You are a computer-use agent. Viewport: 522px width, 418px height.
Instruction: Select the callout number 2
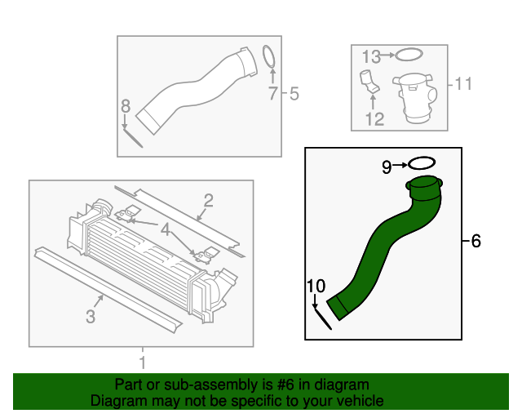pyautogui.click(x=209, y=200)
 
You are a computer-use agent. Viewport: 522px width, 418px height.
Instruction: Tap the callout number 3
pyautogui.click(x=91, y=314)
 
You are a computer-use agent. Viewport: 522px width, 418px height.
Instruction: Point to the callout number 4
pyautogui.click(x=166, y=232)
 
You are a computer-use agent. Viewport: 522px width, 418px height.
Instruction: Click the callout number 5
pyautogui.click(x=294, y=95)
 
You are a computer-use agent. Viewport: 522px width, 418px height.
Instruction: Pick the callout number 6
pyautogui.click(x=476, y=241)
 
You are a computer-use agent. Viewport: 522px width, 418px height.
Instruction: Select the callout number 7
pyautogui.click(x=273, y=95)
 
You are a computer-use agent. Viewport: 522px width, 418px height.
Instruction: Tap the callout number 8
pyautogui.click(x=125, y=105)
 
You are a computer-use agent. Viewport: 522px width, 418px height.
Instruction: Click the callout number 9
pyautogui.click(x=387, y=167)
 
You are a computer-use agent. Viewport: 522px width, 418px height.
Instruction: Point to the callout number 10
pyautogui.click(x=316, y=285)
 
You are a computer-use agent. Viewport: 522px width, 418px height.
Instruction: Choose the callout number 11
pyautogui.click(x=463, y=83)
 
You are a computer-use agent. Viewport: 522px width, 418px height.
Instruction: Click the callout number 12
pyautogui.click(x=374, y=120)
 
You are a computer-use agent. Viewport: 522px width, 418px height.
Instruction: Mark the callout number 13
pyautogui.click(x=371, y=56)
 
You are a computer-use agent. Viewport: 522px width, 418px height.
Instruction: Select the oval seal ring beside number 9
pyautogui.click(x=421, y=165)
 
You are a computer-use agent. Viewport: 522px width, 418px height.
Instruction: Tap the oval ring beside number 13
pyautogui.click(x=409, y=56)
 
